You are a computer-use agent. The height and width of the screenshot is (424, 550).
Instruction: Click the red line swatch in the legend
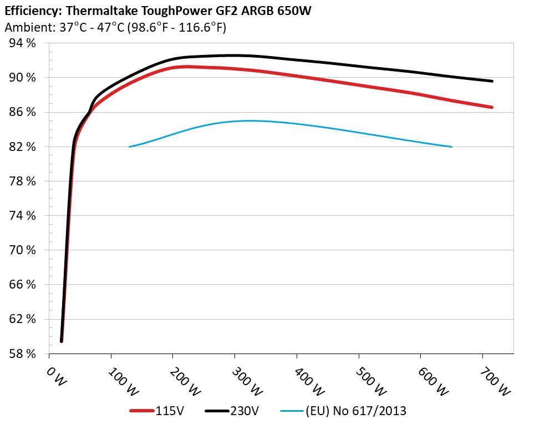coord(142,411)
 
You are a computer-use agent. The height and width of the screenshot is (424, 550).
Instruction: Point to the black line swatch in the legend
coord(217,411)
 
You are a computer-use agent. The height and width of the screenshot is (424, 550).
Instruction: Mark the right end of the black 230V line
coord(492,81)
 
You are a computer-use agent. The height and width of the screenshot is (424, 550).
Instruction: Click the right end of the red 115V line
coord(492,107)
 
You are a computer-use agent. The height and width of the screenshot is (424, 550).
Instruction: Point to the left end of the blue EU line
coord(129,147)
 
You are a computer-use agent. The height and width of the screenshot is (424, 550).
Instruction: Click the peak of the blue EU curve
coord(249,120)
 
